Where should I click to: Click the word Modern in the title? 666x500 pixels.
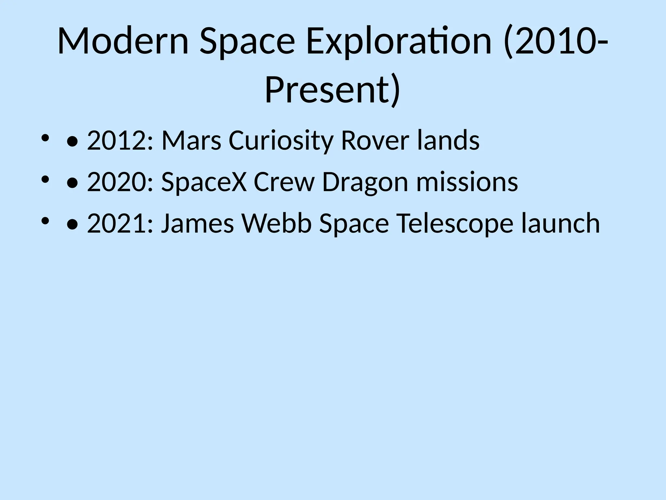pyautogui.click(x=123, y=42)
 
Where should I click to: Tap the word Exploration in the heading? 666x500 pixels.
pyautogui.click(x=398, y=42)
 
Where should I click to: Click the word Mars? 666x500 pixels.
pyautogui.click(x=191, y=140)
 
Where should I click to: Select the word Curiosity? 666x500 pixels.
pyautogui.click(x=281, y=140)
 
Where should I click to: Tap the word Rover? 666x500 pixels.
pyautogui.click(x=375, y=140)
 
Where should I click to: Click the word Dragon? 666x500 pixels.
pyautogui.click(x=365, y=182)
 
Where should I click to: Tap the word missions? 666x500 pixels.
pyautogui.click(x=467, y=182)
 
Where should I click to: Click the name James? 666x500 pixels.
pyautogui.click(x=197, y=224)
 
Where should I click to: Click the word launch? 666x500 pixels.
pyautogui.click(x=560, y=224)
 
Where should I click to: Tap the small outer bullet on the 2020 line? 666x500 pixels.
pyautogui.click(x=45, y=179)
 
